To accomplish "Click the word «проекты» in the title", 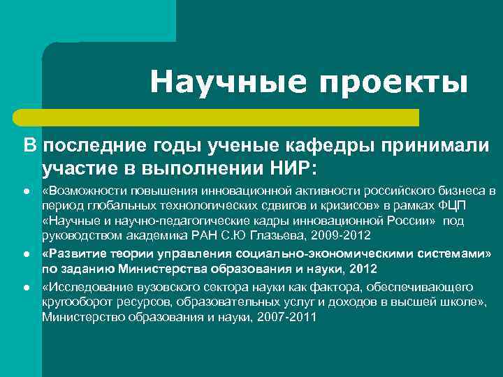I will (393, 83).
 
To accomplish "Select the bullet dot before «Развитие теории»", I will (27, 254).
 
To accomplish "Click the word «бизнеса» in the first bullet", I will (458, 191).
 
